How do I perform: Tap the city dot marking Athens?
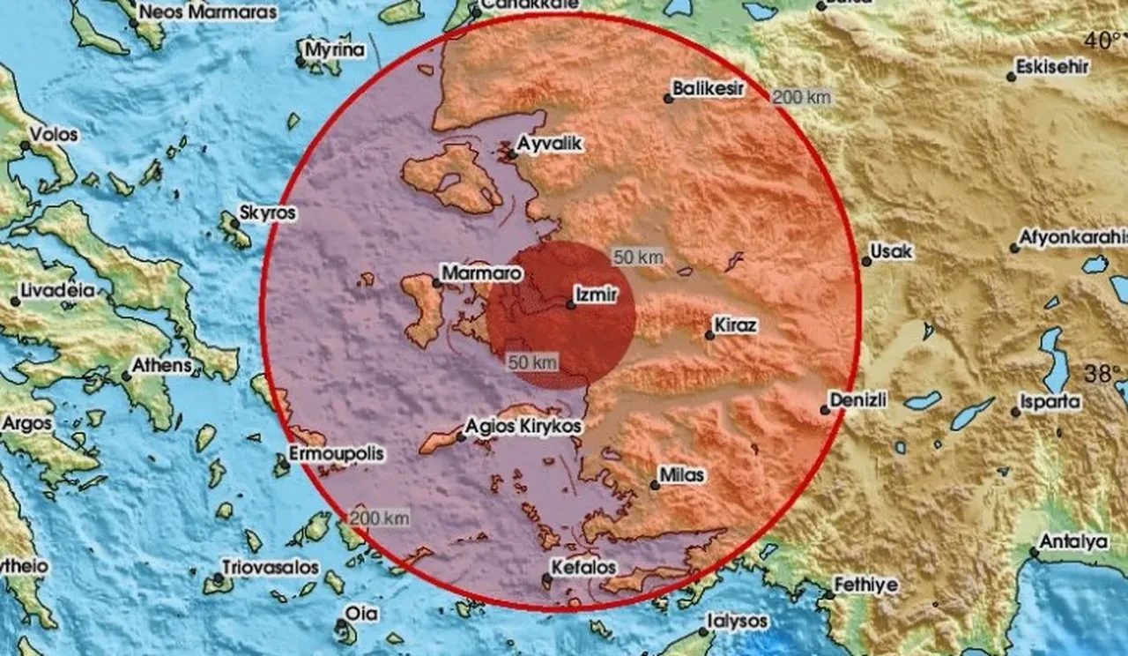[127, 376]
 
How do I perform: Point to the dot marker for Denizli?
[825, 410]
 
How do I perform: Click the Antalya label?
[1073, 541]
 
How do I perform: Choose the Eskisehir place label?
[1052, 67]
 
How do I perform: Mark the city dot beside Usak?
[865, 262]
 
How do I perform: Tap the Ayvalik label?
[551, 144]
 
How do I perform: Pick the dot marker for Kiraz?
[709, 335]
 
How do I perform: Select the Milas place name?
[684, 475]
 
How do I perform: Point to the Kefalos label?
[583, 567]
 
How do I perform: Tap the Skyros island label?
[268, 213]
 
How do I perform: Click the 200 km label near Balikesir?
[800, 97]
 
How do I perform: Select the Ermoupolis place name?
[337, 455]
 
